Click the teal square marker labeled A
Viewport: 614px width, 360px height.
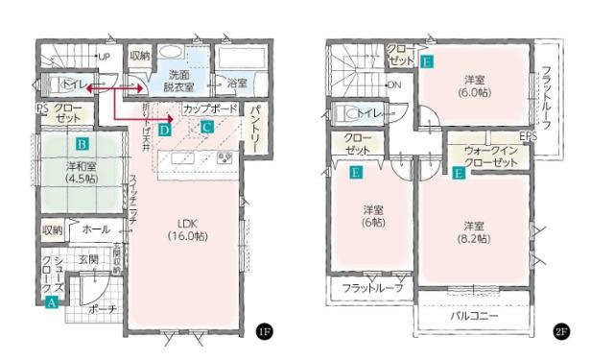tap(51, 300)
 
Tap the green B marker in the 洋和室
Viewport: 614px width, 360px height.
tap(83, 145)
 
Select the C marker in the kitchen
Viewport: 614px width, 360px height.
tap(206, 127)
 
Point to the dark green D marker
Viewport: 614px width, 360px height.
tap(165, 128)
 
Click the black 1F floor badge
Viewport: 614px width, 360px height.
tap(264, 331)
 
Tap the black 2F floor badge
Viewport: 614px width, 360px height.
tap(561, 331)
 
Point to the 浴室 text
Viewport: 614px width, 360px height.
tap(237, 84)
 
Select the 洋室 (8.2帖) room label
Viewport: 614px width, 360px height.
tap(473, 230)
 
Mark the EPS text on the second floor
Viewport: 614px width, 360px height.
tap(528, 135)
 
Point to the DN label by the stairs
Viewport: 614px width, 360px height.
tap(394, 84)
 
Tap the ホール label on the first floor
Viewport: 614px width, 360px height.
tap(96, 229)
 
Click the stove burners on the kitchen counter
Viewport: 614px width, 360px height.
tap(226, 157)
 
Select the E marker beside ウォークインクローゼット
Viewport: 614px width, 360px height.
tap(460, 174)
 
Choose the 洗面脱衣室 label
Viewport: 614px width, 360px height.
tap(177, 80)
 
